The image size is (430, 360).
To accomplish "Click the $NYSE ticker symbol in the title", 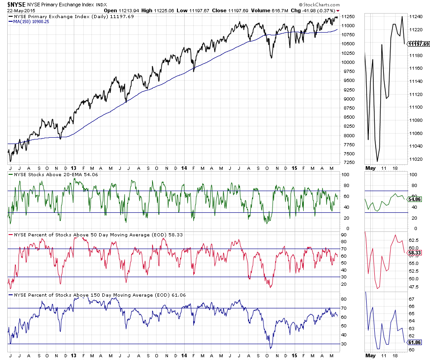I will tap(16, 4).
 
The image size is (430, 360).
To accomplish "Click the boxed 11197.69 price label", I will tap(418, 44).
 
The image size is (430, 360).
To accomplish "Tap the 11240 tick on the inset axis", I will tap(416, 16).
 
